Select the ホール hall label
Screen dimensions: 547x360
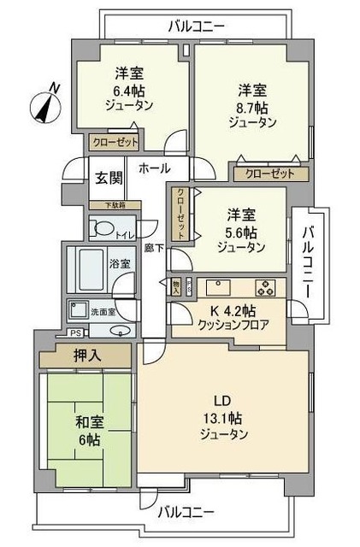pos(154,168)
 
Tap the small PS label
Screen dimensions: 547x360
pos(75,332)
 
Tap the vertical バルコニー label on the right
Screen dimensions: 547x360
pos(310,252)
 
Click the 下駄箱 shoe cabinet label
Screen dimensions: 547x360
pos(109,204)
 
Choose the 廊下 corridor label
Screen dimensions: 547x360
pos(153,249)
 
